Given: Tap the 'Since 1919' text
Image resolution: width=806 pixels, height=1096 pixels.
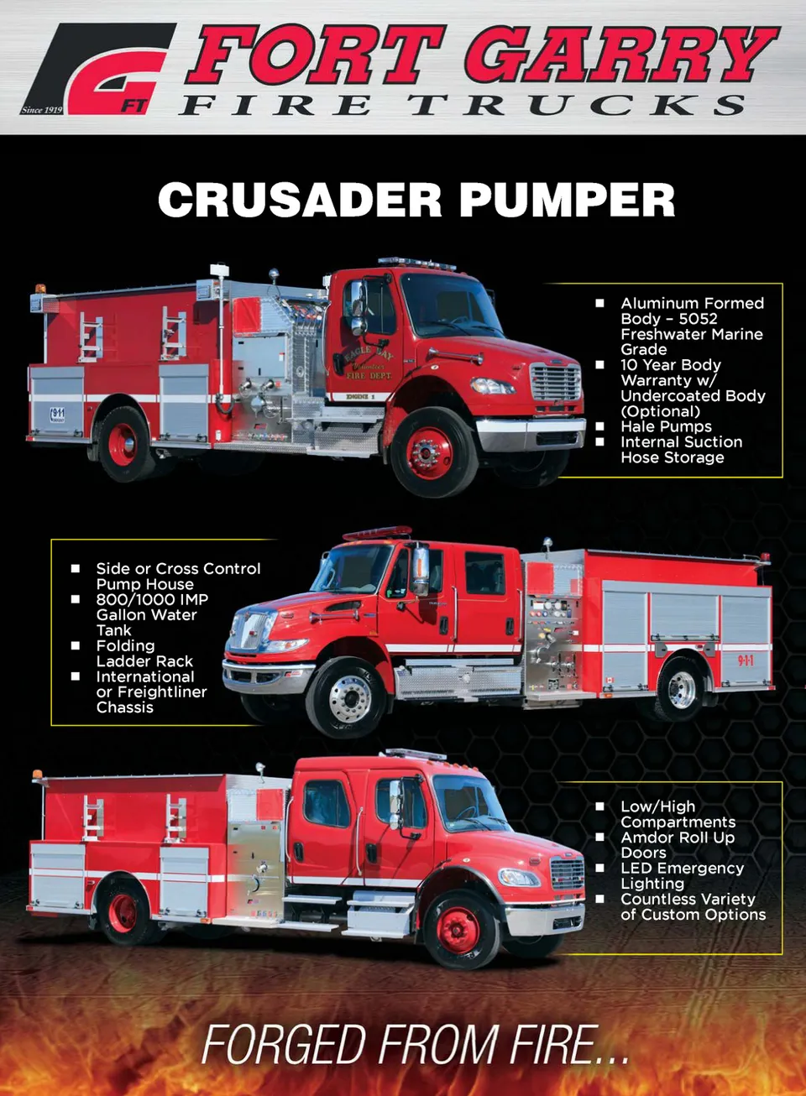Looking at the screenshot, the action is (x=42, y=110).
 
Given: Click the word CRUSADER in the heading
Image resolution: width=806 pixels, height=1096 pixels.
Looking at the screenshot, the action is (x=300, y=200).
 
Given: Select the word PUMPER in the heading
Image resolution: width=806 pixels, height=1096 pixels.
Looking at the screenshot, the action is (x=567, y=200).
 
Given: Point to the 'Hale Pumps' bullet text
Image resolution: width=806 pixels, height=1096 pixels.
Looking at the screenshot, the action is (x=666, y=426).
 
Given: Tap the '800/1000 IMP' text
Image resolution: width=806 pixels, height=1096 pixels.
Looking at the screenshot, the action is (x=152, y=599).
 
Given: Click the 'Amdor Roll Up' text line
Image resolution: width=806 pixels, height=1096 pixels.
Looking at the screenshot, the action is (x=678, y=838).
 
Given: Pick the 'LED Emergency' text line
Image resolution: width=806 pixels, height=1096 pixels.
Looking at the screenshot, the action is (x=683, y=868).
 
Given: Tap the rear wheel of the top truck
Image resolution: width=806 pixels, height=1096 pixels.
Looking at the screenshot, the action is (x=123, y=444).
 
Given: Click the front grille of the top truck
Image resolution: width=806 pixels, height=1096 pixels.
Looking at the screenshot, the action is (x=556, y=383).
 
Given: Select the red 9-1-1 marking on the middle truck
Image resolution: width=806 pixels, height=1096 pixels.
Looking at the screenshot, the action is (x=746, y=661).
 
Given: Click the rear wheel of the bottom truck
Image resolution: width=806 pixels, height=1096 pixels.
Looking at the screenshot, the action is (x=123, y=914).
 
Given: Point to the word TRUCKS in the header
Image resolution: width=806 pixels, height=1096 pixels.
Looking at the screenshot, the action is (x=578, y=104).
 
